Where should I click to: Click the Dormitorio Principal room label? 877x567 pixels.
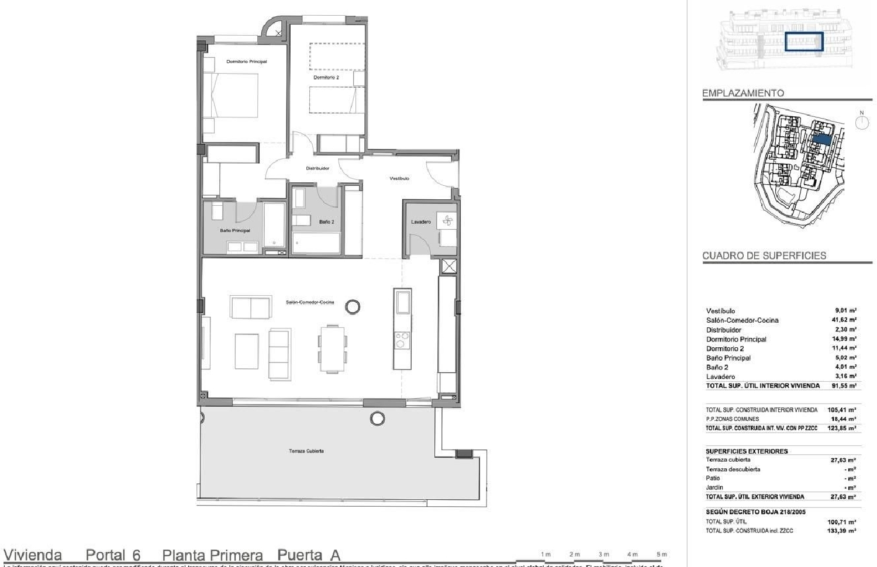point(246,61)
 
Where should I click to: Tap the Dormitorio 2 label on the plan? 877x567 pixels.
point(326,77)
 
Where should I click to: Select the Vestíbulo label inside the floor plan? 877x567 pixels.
point(399,178)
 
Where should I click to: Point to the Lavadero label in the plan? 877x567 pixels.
point(421,222)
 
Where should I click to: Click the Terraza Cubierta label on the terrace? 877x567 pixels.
point(306,451)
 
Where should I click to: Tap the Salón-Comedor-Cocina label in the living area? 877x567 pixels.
point(310,302)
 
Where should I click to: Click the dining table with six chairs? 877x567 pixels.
point(332,349)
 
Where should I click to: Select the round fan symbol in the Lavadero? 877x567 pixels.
point(448,221)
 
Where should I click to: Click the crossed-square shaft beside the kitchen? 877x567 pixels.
point(449,267)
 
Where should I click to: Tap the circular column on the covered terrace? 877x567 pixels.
point(378,418)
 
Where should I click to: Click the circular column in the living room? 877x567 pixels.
point(353,306)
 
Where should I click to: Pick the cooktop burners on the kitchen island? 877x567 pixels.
point(402,340)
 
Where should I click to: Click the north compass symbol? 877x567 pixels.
point(861,122)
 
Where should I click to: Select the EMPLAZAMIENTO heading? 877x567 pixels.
point(743,93)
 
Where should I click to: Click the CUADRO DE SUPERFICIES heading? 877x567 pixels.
point(764,255)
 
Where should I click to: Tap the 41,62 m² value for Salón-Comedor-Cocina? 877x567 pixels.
point(844,320)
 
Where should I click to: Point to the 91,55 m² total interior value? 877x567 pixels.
point(844,386)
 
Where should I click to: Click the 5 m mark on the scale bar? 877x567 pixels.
point(661,554)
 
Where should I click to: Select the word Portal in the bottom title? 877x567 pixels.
point(105,555)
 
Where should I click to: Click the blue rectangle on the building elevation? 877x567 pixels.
point(804,42)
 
